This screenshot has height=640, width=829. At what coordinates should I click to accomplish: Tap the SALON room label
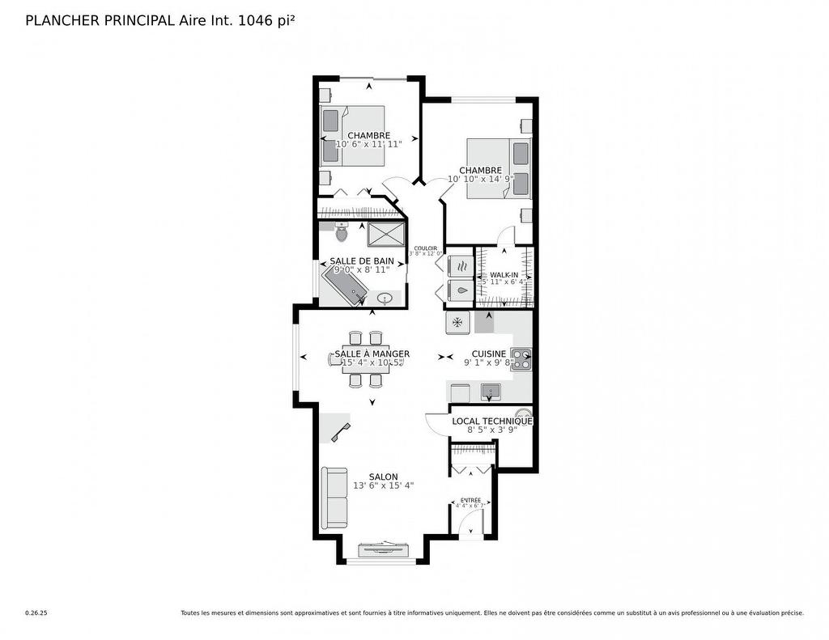pyautogui.click(x=383, y=477)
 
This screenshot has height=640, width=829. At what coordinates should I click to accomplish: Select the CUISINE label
pyautogui.click(x=489, y=354)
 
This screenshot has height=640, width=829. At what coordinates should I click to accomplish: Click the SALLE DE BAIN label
pyautogui.click(x=362, y=261)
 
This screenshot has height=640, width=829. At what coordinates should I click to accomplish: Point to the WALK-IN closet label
pyautogui.click(x=504, y=275)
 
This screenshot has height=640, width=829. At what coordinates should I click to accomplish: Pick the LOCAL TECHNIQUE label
pyautogui.click(x=492, y=421)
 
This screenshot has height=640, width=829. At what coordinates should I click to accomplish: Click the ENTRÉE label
pyautogui.click(x=470, y=500)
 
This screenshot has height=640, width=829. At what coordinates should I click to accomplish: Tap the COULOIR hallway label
pyautogui.click(x=425, y=248)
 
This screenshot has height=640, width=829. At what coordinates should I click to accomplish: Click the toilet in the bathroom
pyautogui.click(x=341, y=233)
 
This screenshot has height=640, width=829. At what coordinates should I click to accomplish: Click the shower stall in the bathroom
pyautogui.click(x=386, y=234)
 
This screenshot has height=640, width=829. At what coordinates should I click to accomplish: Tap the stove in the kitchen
pyautogui.click(x=521, y=358)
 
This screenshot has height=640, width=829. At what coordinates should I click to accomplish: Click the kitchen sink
pyautogui.click(x=490, y=392)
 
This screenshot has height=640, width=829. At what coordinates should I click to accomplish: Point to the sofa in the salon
pyautogui.click(x=334, y=498)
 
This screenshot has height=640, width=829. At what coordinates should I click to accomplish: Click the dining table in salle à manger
pyautogui.click(x=364, y=358)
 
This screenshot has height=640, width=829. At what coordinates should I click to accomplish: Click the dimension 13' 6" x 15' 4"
pyautogui.click(x=383, y=485)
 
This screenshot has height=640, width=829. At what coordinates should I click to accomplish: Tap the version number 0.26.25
pyautogui.click(x=36, y=613)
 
